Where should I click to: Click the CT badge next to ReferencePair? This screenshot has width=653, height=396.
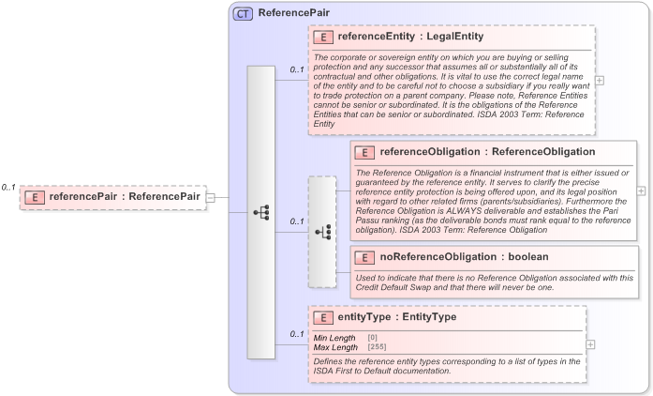coord(243,14)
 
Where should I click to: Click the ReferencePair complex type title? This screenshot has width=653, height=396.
coord(287,14)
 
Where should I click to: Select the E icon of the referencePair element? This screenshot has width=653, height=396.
coord(35,197)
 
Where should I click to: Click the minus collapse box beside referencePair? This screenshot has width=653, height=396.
coord(211,197)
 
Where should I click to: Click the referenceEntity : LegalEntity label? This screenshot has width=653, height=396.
coord(410,38)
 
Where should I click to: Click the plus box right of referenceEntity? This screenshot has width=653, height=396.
coord(600,80)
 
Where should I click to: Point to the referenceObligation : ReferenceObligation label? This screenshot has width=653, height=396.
coord(486,152)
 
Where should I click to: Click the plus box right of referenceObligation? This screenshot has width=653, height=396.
coord(642,190)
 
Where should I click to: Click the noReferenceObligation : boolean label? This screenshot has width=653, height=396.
coord(464,257)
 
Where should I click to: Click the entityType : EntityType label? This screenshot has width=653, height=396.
coord(397,317)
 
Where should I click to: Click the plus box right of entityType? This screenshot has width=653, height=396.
coord(591,344)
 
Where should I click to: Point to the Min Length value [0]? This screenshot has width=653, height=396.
coord(372,338)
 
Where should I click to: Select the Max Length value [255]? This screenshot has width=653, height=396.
coord(377,347)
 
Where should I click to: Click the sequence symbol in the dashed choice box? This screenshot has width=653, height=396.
coord(321,231)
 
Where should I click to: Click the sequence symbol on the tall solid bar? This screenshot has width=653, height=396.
coord(260,213)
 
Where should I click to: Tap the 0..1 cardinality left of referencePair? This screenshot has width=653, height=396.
coord(8,188)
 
